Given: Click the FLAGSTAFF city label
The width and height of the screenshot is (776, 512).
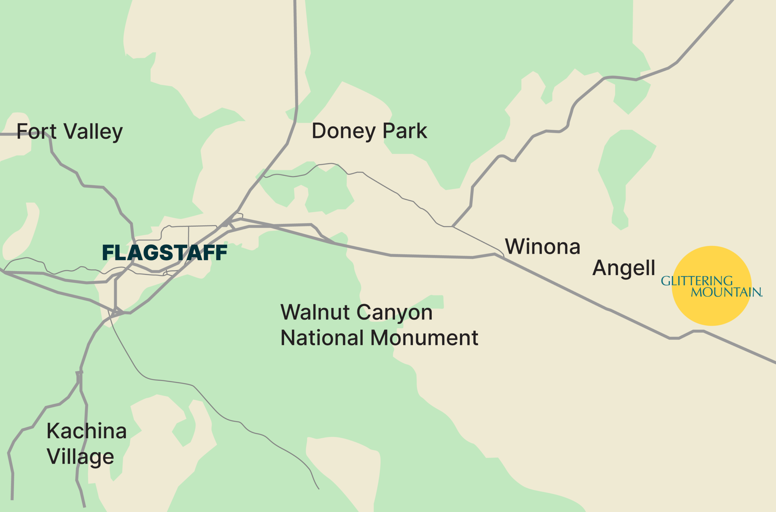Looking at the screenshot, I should coord(165,253).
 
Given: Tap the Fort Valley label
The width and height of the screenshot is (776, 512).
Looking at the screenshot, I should coord(69,131).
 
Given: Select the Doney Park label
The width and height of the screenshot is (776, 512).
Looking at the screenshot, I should coord(369,131).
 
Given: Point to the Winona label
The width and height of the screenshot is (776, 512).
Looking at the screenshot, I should coord(542,247).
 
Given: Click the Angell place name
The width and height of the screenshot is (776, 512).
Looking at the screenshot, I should coord(623,268).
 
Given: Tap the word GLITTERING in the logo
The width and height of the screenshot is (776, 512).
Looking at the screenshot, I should coord(697,281).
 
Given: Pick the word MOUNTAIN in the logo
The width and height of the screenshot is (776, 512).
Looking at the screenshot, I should coord(726,292).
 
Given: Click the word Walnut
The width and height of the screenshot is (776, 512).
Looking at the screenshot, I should coord(315,312).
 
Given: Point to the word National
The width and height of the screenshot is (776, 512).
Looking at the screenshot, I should coord(321,338).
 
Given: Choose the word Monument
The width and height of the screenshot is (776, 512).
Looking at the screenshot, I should coord(424,338).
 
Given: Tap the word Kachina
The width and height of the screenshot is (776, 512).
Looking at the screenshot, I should coord(86,431).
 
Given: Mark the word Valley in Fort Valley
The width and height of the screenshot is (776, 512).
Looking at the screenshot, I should coord(93,132).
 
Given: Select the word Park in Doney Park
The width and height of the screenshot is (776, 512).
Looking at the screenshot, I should coord(405,131).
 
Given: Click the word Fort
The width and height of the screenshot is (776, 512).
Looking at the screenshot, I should coord(36,131).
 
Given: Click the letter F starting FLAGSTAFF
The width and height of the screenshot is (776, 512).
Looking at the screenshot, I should coord(108,253).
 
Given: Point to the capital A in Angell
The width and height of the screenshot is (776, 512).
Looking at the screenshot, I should coord(599,268).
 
